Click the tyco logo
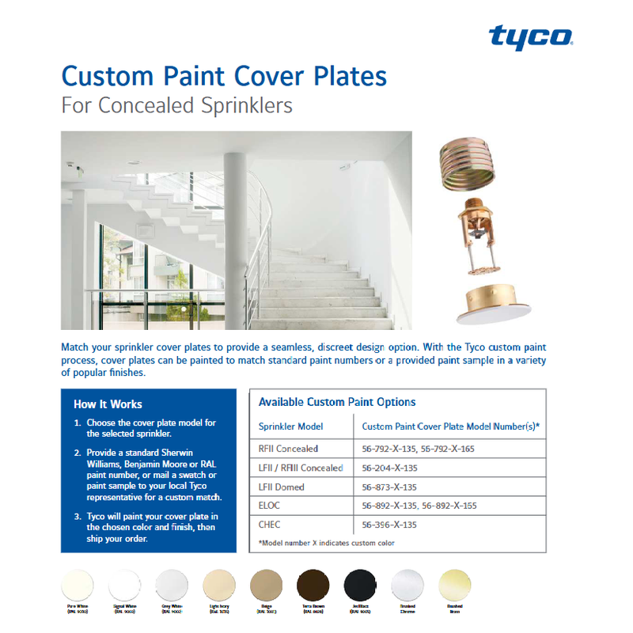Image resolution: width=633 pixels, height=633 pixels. click(530, 37)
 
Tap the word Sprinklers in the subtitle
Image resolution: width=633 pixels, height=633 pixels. click(236, 105)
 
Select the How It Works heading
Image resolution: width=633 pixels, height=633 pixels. click(108, 404)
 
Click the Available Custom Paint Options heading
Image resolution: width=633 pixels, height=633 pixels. click(337, 402)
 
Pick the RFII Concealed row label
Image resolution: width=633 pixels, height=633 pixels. click(289, 449)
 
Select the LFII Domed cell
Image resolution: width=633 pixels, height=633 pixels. click(282, 487)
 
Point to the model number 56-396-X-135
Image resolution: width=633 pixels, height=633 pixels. click(389, 524)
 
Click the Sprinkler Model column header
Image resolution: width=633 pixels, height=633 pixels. click(292, 426)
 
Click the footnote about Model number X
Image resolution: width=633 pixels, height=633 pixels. click(327, 543)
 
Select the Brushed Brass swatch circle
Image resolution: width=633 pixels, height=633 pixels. click(455, 586)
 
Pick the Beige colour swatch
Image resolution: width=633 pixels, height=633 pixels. click(265, 586)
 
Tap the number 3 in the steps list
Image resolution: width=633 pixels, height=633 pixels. click(78, 517)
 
